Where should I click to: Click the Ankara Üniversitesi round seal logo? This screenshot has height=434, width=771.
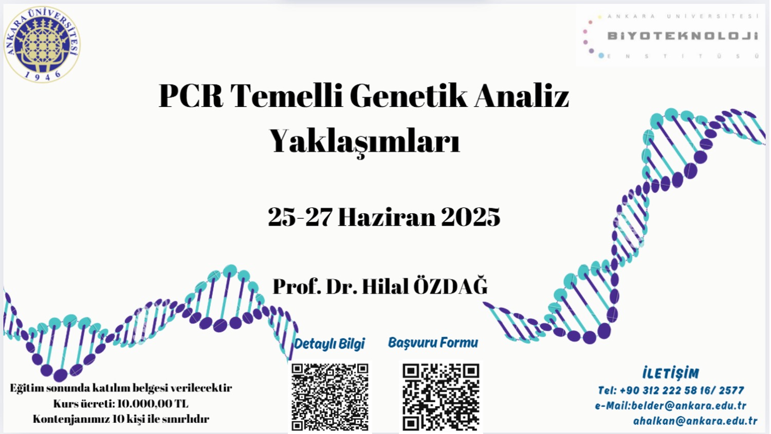(42, 44)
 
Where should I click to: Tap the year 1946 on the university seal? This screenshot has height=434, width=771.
(43, 76)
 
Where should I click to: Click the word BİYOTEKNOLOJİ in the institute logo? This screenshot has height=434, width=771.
(683, 36)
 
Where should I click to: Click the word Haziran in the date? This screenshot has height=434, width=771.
(387, 217)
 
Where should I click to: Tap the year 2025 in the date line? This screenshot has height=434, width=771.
(470, 217)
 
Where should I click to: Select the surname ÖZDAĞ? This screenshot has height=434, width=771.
(450, 286)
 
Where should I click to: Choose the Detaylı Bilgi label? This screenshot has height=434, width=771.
(329, 344)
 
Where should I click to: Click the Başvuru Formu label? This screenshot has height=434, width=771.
(433, 342)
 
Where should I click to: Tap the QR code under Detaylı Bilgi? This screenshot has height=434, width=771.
(330, 397)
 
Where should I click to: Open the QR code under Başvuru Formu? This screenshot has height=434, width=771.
(441, 397)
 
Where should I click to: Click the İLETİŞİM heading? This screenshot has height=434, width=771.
(671, 373)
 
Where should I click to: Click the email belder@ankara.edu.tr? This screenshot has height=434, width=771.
(689, 406)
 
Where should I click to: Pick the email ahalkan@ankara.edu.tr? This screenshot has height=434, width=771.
(695, 421)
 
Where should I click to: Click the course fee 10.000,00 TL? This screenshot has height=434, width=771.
(153, 404)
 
